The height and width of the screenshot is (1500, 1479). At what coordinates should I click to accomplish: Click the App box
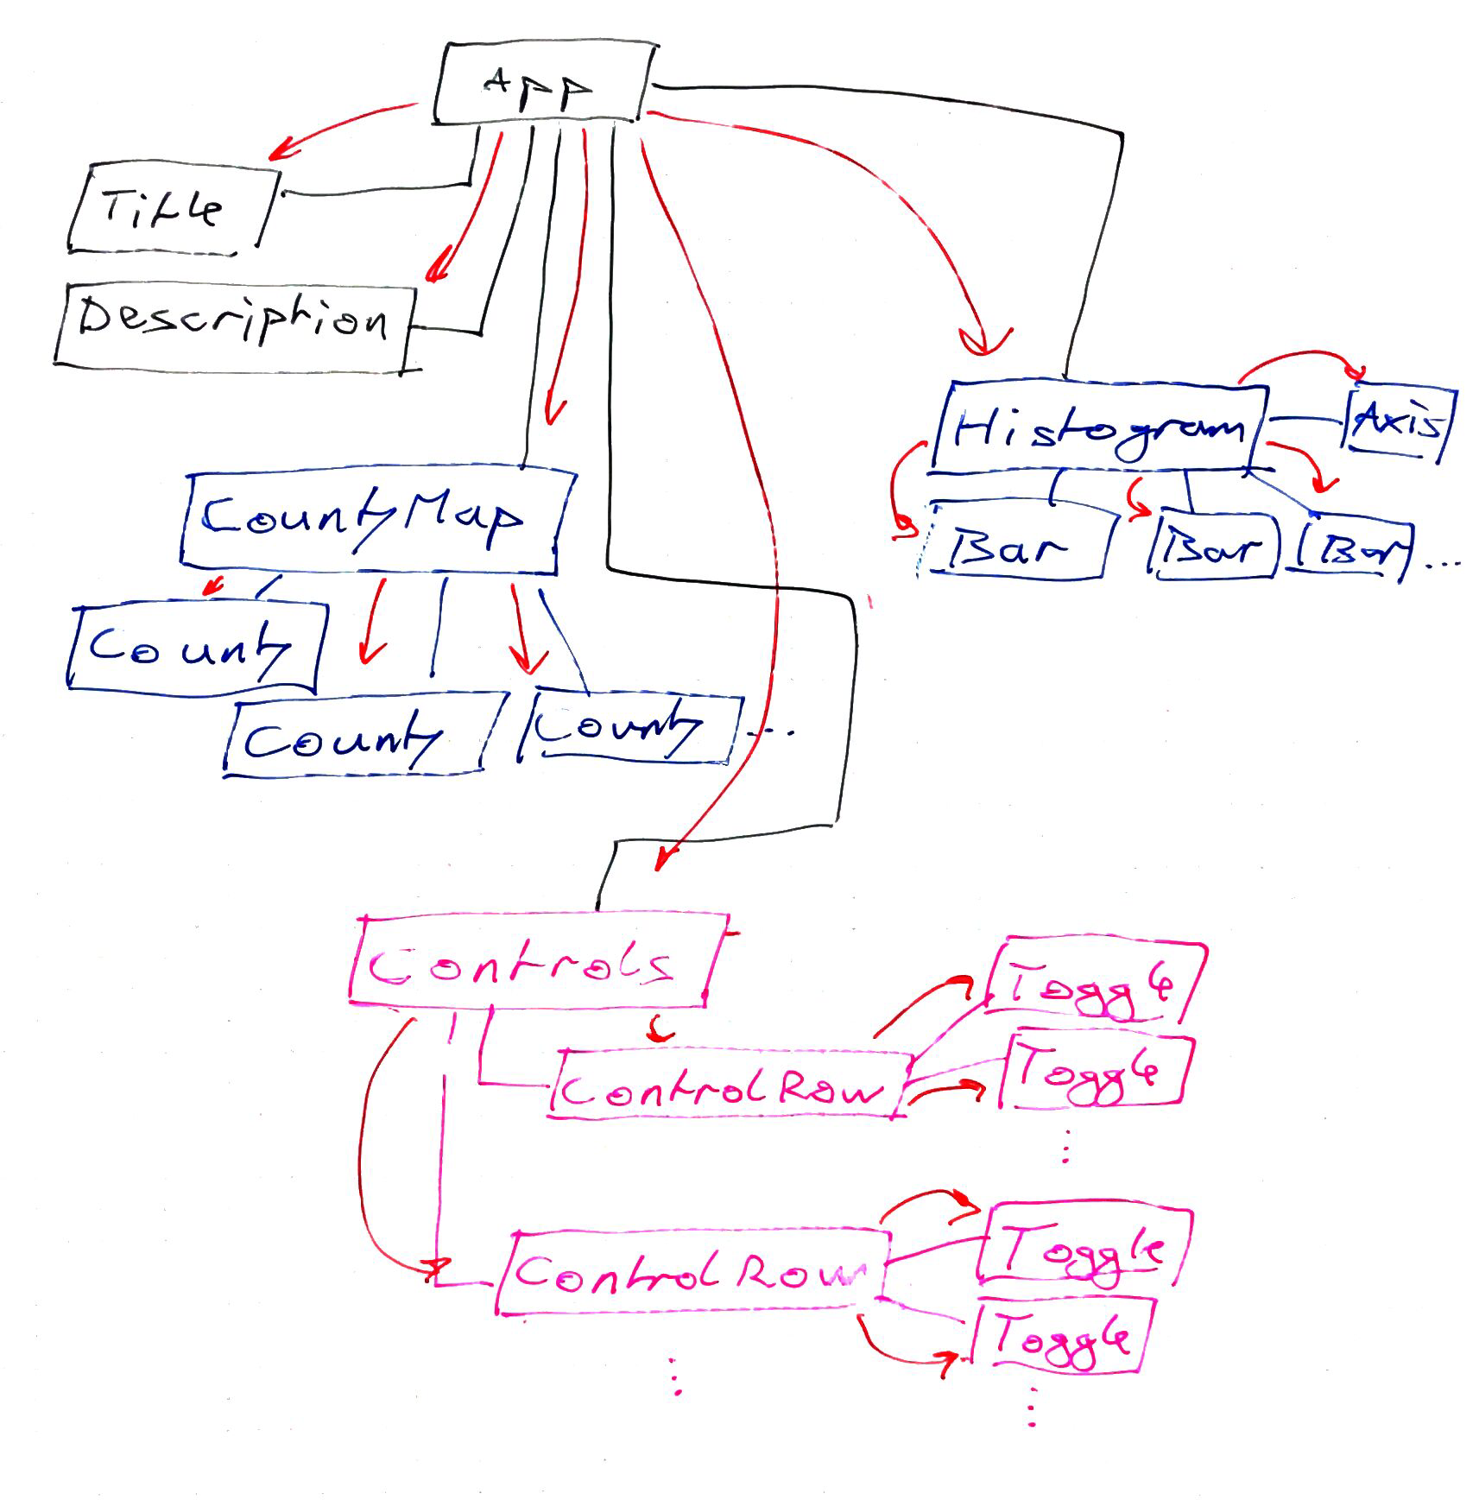click(541, 84)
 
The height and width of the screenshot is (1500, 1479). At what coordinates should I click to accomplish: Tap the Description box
click(233, 325)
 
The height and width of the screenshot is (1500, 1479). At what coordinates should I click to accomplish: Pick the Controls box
click(535, 961)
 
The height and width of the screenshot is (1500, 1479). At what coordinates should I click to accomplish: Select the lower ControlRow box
click(691, 1272)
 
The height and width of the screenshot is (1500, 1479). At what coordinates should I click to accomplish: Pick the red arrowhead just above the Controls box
click(661, 859)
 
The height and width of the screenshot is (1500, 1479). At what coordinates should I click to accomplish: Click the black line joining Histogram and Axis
click(1306, 420)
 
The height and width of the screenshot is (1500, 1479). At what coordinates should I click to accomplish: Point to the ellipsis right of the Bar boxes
click(1443, 566)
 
